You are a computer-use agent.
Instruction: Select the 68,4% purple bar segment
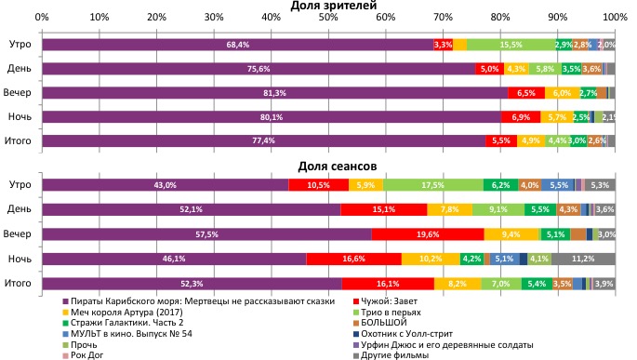pyautogui.click(x=237, y=45)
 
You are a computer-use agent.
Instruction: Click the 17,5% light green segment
pyautogui.click(x=432, y=186)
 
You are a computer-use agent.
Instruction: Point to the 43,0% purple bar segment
pyautogui.click(x=165, y=186)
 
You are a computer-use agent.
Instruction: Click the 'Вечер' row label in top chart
pyautogui.click(x=20, y=93)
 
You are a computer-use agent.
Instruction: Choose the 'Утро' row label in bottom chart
pyautogui.click(x=20, y=186)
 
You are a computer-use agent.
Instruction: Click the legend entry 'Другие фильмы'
pyautogui.click(x=394, y=353)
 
